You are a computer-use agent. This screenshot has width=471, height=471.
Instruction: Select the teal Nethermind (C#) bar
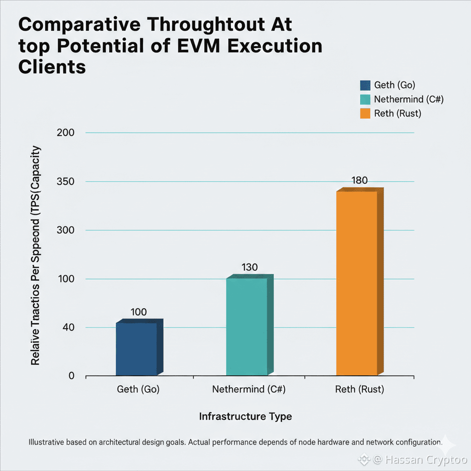[247, 327]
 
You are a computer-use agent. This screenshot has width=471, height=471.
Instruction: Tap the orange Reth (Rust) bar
[357, 283]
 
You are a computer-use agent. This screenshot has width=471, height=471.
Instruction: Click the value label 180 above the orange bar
[359, 180]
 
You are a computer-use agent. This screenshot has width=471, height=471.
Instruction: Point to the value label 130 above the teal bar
[249, 267]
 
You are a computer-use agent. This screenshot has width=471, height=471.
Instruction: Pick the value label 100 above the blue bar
[138, 312]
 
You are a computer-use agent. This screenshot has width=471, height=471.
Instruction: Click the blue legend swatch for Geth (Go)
[365, 85]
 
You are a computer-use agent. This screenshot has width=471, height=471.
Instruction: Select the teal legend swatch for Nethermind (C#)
[365, 99]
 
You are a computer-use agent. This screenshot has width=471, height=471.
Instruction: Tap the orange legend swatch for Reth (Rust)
[365, 113]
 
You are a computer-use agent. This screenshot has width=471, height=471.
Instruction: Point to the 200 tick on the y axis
[65, 133]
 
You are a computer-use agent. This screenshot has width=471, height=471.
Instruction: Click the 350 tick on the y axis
[65, 182]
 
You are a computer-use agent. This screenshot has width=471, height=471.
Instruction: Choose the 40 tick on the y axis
[69, 327]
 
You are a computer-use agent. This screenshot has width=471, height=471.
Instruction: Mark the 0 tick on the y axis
[71, 376]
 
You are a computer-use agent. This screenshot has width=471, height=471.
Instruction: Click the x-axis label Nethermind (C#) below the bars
[249, 390]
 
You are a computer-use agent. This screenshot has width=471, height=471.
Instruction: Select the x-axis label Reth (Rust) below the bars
[360, 390]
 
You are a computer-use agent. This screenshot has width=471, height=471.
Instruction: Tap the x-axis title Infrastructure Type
[245, 417]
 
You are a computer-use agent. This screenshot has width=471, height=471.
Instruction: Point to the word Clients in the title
[52, 67]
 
